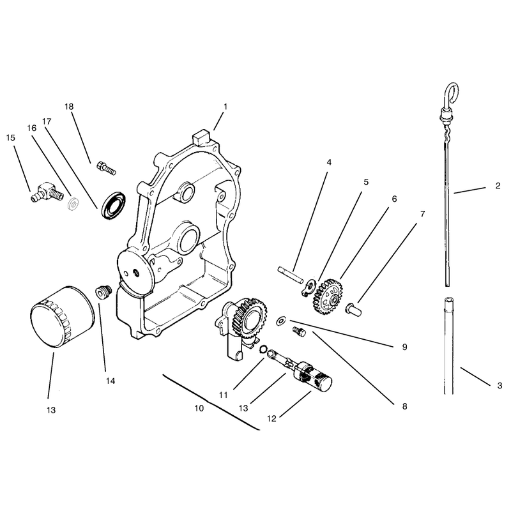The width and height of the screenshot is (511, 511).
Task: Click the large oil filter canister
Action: [x=62, y=317]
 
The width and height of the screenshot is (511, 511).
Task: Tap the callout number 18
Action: [x=69, y=107]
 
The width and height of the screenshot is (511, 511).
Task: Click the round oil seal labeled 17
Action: [x=114, y=206]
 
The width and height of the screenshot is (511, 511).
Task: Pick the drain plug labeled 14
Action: [x=103, y=291]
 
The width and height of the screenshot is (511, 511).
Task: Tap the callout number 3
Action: [x=500, y=386]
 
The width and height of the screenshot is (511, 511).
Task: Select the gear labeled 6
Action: [x=327, y=296]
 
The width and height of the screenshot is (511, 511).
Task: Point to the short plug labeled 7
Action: [x=354, y=309]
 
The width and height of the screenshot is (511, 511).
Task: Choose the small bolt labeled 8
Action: [x=300, y=332]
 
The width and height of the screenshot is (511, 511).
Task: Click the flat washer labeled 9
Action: [x=280, y=321]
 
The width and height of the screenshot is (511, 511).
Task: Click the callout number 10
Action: [x=199, y=408]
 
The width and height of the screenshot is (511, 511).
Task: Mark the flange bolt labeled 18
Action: [x=106, y=168]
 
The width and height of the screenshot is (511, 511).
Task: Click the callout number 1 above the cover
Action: [x=225, y=106]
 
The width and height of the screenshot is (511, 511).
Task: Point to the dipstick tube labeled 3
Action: [x=448, y=346]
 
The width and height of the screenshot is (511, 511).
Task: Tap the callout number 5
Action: [x=366, y=182]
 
